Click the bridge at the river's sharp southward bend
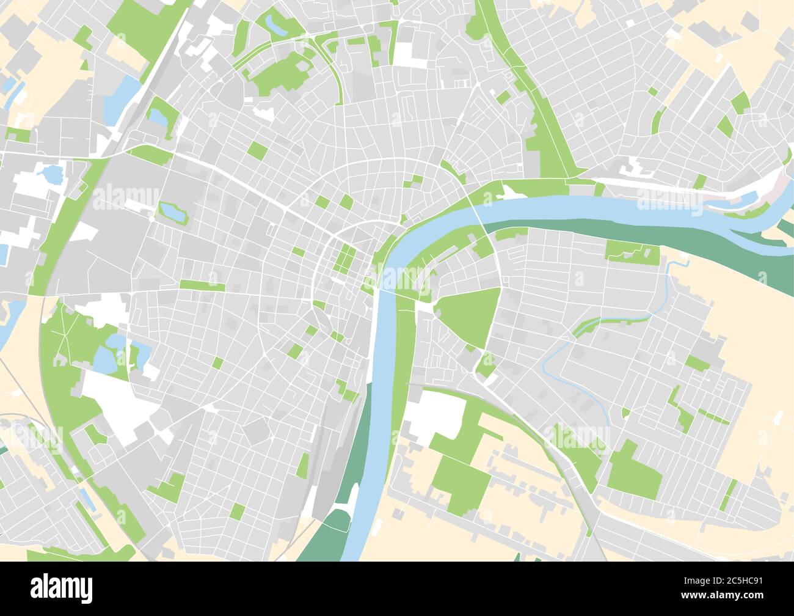379,293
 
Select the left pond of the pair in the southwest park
104,362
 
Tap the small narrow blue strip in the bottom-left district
87,499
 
